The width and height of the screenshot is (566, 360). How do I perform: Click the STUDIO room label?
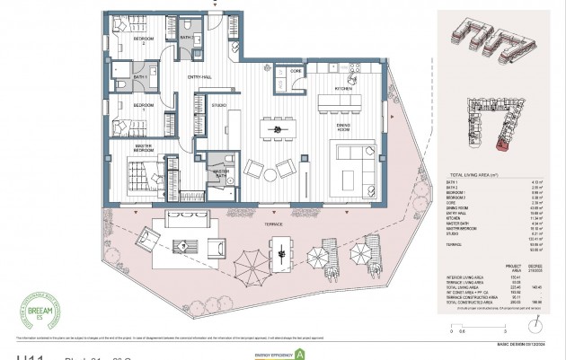(x=218, y=105)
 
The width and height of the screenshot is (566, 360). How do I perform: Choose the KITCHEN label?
(x=343, y=90)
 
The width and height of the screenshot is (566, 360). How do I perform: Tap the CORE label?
(x=295, y=70)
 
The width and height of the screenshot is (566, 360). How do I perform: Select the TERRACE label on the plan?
(x=274, y=224)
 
